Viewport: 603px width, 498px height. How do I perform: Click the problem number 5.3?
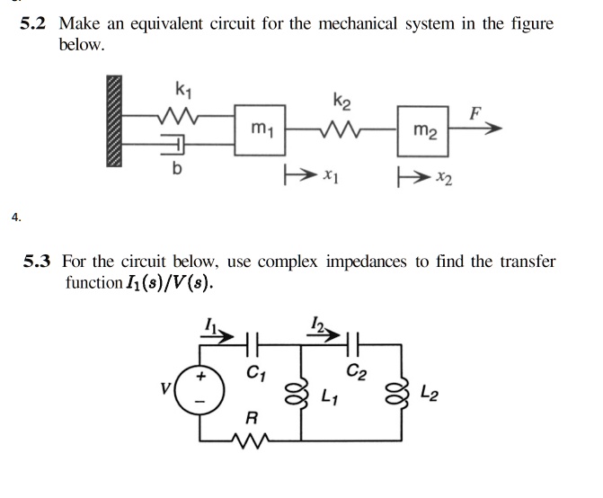pos(40,262)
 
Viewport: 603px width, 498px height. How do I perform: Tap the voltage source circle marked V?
pos(202,393)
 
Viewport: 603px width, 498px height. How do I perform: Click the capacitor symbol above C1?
pos(254,343)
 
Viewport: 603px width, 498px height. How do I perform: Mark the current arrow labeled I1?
pos(218,333)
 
